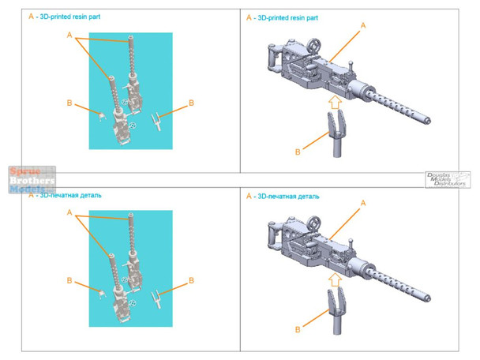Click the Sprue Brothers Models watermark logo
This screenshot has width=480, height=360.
click(x=32, y=180)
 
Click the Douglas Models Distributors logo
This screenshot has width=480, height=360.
click(x=444, y=178)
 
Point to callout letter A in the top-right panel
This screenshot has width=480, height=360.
click(x=363, y=26)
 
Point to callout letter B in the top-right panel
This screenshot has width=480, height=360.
click(x=297, y=152)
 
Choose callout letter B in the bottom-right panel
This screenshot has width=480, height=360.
click(x=297, y=329)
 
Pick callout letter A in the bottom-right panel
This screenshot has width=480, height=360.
click(x=363, y=204)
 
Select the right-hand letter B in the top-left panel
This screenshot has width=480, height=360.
click(x=191, y=103)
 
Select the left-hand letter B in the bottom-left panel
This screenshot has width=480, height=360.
click(x=69, y=280)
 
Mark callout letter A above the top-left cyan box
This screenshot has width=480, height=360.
click(x=69, y=36)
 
